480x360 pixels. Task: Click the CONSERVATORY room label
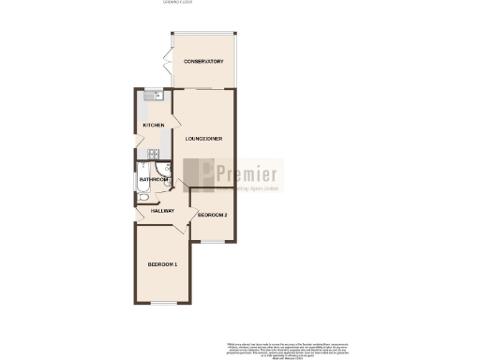click(x=203, y=62)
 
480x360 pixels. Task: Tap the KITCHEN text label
click(x=154, y=125)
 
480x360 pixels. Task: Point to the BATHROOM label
click(x=153, y=179)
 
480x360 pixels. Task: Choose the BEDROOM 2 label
click(x=213, y=216)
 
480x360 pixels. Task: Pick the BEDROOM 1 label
click(x=162, y=265)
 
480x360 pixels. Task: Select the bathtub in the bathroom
click(x=142, y=185)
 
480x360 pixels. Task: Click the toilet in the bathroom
click(x=142, y=198)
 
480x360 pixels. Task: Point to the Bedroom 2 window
click(x=213, y=241)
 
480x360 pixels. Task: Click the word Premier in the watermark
click(x=247, y=173)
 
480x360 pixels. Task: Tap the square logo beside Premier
click(x=198, y=174)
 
